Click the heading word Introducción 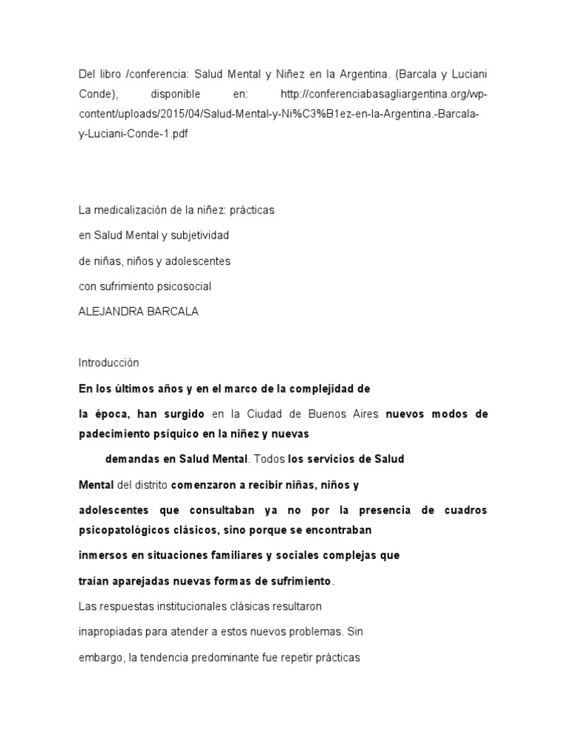tap(109, 363)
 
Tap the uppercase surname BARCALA tap(172, 312)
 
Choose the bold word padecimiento tap(113, 433)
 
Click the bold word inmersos tap(103, 555)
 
